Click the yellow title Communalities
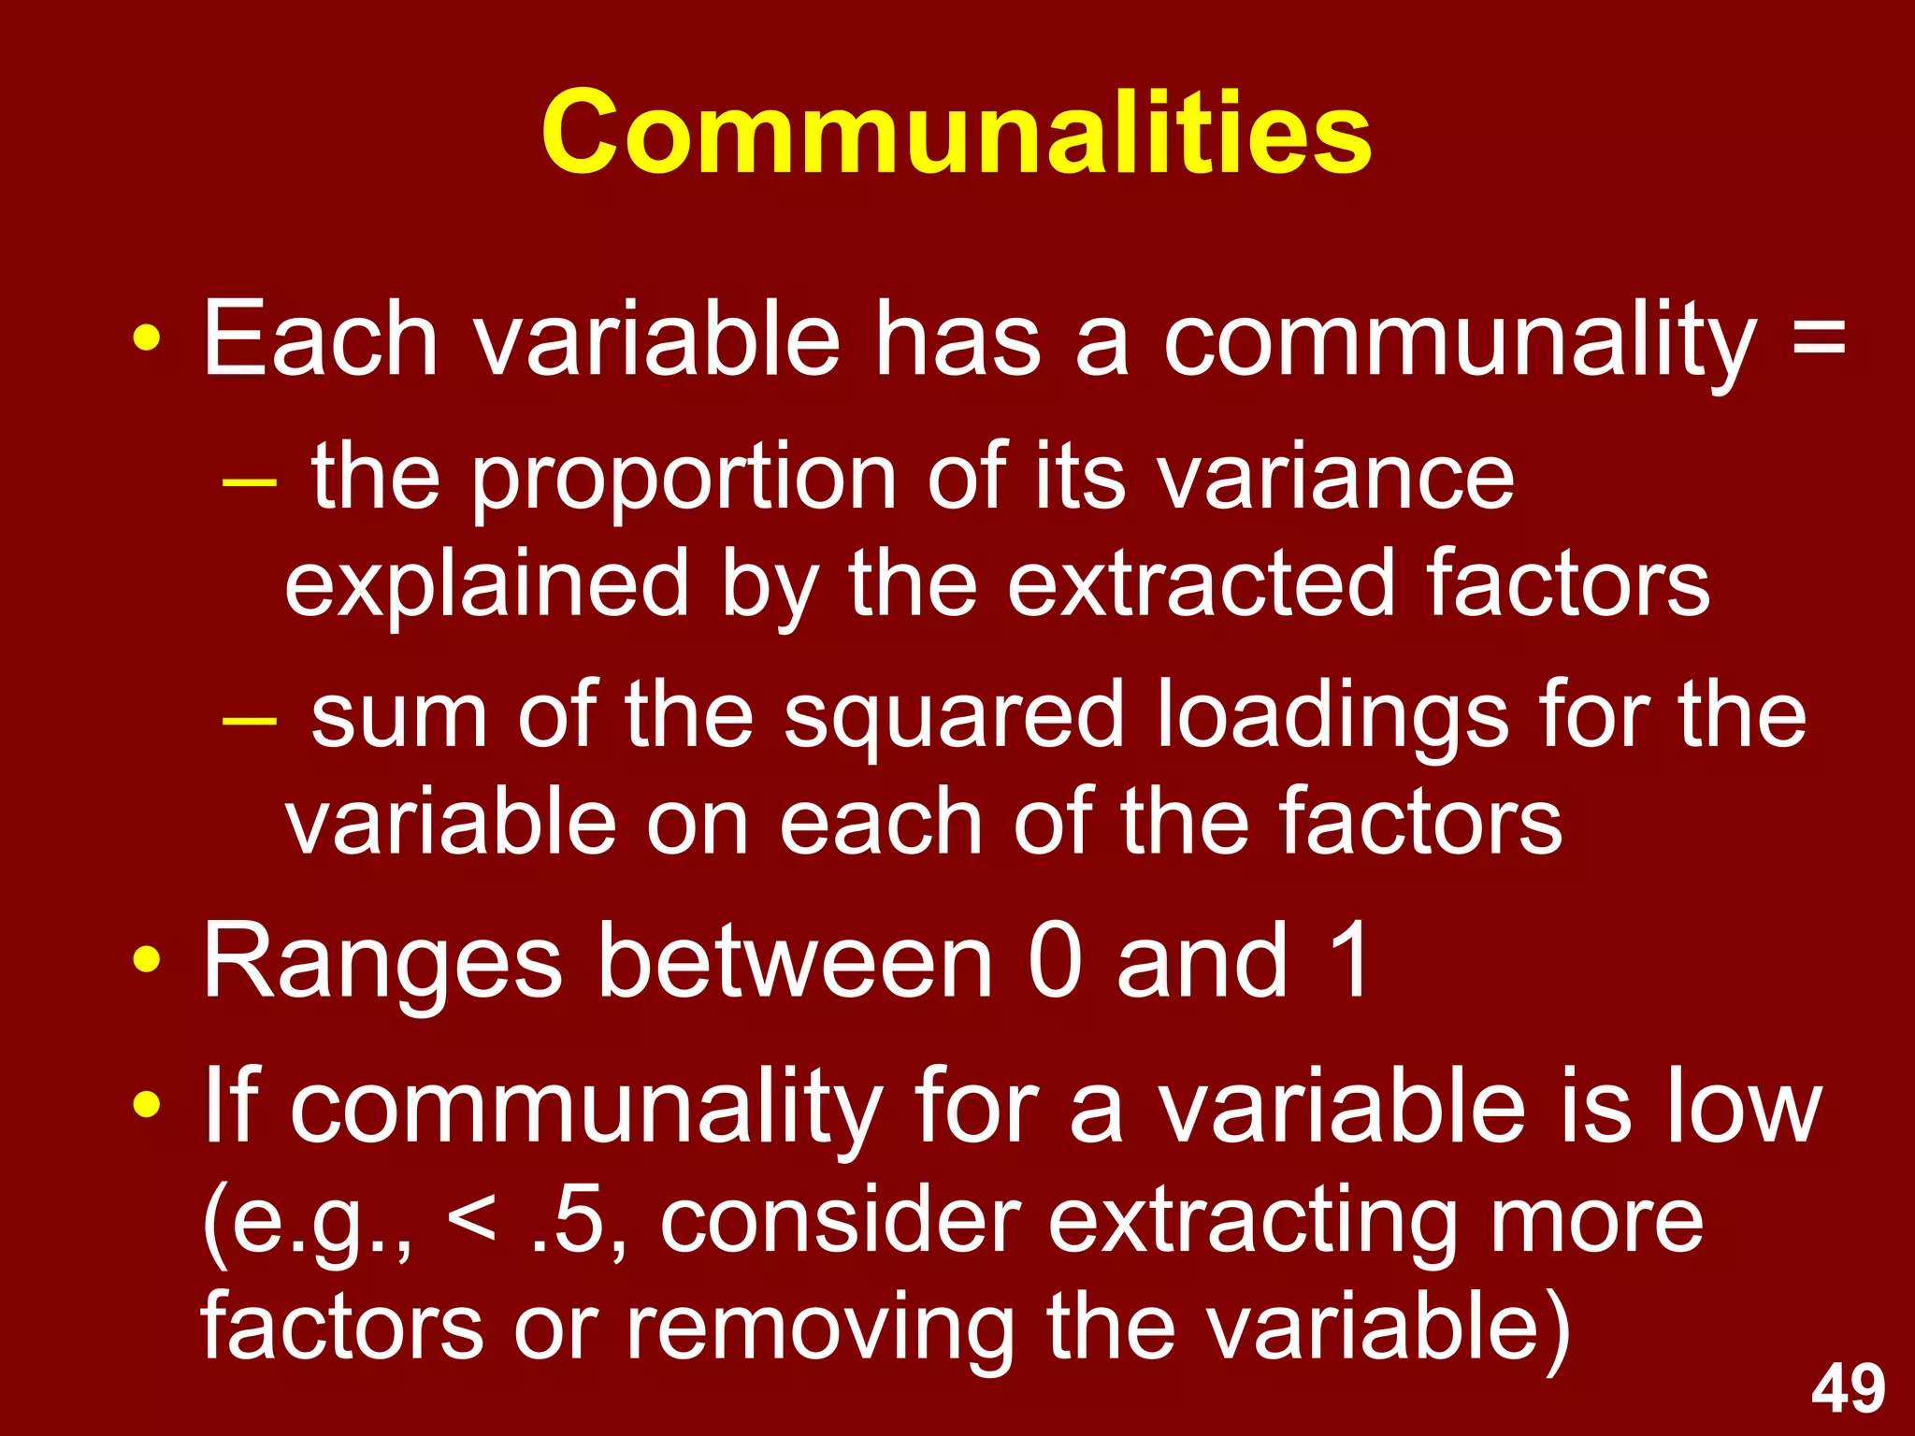[956, 133]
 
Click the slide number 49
[1848, 1389]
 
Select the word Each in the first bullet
[320, 337]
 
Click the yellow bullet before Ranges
[146, 959]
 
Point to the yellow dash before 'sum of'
[250, 722]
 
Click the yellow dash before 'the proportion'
[250, 483]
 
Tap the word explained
[486, 587]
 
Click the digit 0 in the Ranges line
[1055, 961]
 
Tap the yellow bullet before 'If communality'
[146, 1106]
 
